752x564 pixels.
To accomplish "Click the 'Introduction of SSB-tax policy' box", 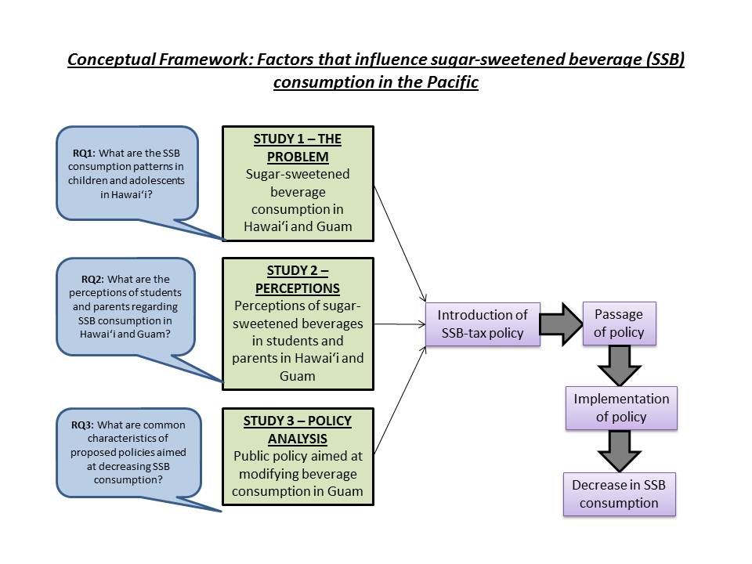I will coord(483,324).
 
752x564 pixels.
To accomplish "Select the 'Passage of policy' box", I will coord(619,323).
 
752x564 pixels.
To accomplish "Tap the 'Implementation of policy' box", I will coord(621,407).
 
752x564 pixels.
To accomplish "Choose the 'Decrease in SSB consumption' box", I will coord(619,493).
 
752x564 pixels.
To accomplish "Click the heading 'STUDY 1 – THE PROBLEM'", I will coord(298,147).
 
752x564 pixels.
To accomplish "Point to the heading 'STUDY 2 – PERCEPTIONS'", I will coord(298,279).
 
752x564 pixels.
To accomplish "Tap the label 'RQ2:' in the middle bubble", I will coord(92,279).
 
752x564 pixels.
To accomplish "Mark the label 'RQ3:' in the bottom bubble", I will coord(85,425).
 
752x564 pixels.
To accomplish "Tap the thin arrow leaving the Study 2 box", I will coord(399,323).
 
